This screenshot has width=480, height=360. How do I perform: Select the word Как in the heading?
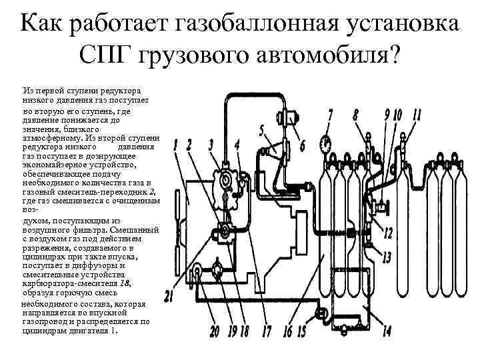pyautogui.click(x=42, y=24)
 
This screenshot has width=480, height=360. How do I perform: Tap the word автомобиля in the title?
pyautogui.click(x=331, y=55)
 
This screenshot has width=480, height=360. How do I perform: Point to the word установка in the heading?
pyautogui.click(x=394, y=24)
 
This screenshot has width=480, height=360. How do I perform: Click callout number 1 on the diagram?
pyautogui.click(x=175, y=145)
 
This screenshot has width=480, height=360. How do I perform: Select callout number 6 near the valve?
pyautogui.click(x=303, y=144)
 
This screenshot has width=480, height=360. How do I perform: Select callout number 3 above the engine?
pyautogui.click(x=211, y=145)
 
